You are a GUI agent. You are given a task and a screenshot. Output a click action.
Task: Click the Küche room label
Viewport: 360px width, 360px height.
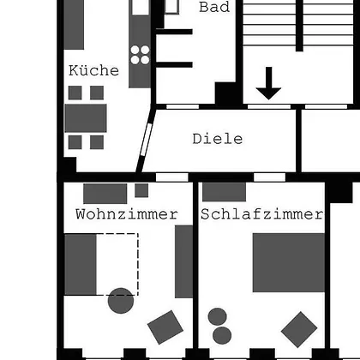point(93,70)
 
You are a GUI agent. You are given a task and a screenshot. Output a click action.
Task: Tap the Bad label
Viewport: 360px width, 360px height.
point(214,7)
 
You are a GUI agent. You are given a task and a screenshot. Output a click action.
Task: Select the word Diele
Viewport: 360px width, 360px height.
point(218,139)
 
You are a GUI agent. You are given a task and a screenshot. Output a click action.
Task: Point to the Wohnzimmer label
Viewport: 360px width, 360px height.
point(127,214)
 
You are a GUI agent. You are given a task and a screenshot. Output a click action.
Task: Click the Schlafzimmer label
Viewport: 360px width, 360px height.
point(261,214)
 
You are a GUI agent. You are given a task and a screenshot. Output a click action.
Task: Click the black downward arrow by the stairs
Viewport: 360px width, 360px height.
point(268,83)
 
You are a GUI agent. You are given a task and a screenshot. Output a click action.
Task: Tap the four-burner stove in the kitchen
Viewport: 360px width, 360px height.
point(140,55)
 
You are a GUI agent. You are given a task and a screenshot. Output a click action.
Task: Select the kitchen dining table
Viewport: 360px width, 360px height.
point(86,118)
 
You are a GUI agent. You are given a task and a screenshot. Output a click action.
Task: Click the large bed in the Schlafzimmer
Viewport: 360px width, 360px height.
point(289,262)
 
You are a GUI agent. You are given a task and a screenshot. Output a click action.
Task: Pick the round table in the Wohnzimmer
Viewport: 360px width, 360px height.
point(121,301)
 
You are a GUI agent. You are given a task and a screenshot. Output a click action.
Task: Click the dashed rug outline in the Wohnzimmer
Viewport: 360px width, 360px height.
point(138,264)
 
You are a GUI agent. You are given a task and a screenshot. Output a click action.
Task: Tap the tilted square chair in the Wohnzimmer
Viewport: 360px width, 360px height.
point(165,327)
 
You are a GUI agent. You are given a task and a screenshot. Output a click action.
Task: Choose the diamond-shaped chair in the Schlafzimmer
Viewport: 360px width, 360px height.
point(299,329)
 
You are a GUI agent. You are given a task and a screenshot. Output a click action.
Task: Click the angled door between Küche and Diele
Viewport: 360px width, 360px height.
point(146,140)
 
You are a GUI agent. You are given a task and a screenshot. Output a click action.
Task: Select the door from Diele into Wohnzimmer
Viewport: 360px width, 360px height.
point(172,177)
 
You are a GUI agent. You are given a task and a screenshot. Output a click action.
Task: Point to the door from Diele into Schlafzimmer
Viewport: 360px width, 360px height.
point(269,177)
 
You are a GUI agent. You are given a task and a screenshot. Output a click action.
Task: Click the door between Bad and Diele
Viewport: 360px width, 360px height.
point(183,106)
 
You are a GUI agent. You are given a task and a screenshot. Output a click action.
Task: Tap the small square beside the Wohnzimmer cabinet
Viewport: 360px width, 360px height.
point(141,190)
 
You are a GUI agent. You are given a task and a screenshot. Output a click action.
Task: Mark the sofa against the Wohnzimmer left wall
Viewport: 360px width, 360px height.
point(81,264)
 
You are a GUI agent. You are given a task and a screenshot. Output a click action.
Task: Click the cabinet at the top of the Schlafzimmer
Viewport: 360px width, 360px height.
point(224,192)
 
